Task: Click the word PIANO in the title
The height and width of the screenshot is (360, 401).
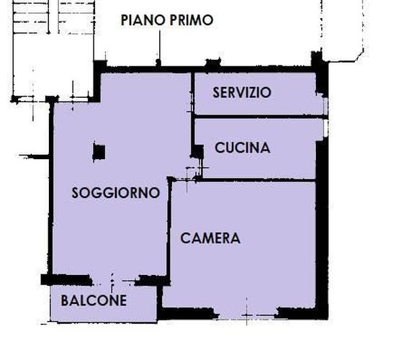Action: pos(143,20)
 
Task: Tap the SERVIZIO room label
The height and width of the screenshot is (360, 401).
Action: pos(242,93)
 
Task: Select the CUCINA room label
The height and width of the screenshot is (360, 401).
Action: pos(243,148)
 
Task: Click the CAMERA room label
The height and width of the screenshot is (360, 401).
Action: pos(210,238)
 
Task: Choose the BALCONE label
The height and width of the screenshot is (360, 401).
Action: pos(94,301)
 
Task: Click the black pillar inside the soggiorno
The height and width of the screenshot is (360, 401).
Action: pos(99,151)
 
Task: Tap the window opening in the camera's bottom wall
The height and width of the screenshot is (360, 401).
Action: pos(242,314)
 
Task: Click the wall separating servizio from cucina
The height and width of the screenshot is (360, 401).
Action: pos(256,117)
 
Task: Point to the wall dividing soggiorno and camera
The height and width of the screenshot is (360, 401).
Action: pos(169,230)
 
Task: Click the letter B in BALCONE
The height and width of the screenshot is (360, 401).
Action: pos(65,301)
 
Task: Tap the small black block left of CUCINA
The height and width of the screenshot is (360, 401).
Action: pos(196,150)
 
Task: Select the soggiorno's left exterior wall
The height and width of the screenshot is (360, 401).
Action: pos(50,187)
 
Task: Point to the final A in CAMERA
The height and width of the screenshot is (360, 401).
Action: pos(235,238)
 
